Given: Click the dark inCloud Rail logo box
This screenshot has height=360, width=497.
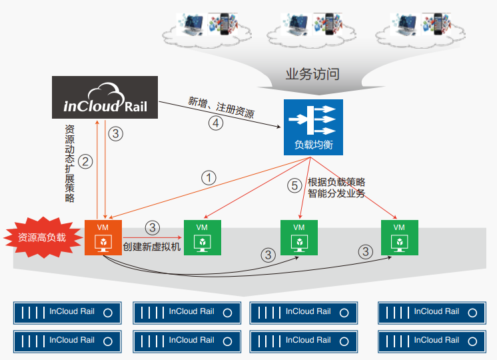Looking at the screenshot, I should point(105,97).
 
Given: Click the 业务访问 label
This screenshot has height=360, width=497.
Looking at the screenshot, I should point(312,74).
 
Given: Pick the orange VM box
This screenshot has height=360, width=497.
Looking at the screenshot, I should point(103,237).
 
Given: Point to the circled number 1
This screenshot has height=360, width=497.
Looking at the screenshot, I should point(209,177).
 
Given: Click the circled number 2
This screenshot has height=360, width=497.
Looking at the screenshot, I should point(85,161).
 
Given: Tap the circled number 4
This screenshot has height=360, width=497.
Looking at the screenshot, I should point(215,123).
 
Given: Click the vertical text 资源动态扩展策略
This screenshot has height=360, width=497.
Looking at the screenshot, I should point(70,163).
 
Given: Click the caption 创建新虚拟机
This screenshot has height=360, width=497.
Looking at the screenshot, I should point(152,247).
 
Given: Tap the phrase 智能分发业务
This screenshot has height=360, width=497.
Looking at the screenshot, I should point(336,194).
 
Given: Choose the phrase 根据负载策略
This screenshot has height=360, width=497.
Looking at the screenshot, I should point(336,182).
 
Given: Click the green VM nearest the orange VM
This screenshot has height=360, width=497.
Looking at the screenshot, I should point(202,237).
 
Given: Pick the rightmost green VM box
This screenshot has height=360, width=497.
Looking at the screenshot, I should point(399,237).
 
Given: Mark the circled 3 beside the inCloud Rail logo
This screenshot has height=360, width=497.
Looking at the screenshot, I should point(116,133).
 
